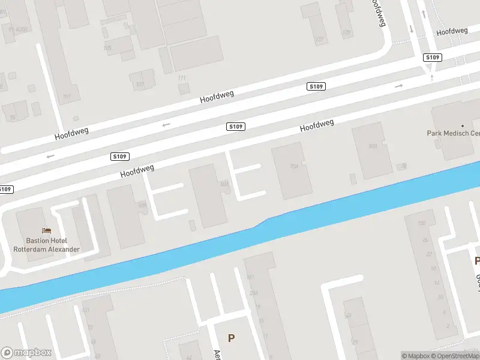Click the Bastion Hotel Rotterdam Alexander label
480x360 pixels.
point(47,245)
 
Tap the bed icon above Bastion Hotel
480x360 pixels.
point(46,230)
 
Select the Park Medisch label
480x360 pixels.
point(453,133)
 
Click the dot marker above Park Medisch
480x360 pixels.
point(462,126)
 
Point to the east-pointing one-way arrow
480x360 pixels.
point(399,86)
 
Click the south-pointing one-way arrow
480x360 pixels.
point(411,28)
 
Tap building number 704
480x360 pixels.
point(294,166)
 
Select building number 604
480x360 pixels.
point(373,146)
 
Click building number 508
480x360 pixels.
point(142,205)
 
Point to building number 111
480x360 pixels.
point(182,78)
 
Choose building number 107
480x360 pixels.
point(140,85)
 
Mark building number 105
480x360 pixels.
point(107,47)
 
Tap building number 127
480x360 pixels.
point(320,40)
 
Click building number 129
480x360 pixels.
point(346,32)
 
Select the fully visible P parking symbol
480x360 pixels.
point(231,338)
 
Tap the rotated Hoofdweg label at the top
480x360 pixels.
point(378,13)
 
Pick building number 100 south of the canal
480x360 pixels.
point(421,223)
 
